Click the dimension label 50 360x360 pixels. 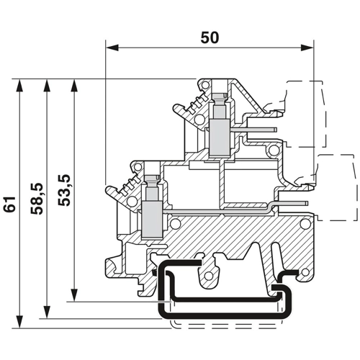(x=210, y=37)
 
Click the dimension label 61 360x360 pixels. (x=10, y=204)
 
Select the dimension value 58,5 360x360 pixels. (x=37, y=199)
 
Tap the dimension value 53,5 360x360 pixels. (x=64, y=190)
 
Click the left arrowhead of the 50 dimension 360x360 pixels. (x=112, y=48)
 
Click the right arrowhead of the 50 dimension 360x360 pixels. (x=307, y=48)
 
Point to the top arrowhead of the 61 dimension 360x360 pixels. (x=19, y=85)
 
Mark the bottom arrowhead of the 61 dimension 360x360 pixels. (x=19, y=322)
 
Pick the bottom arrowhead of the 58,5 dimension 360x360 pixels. (x=47, y=312)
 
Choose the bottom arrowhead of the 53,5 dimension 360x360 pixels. (x=75, y=295)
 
